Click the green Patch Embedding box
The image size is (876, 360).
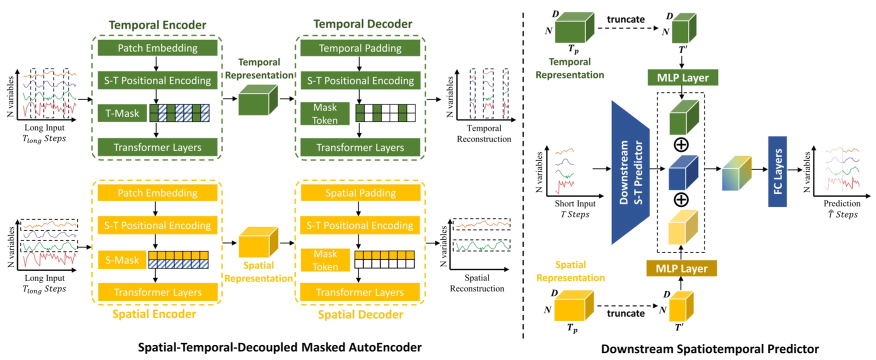157,48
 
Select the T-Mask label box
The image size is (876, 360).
122,113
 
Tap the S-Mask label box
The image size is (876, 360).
122,260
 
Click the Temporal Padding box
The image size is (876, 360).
360,48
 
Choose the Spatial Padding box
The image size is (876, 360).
360,193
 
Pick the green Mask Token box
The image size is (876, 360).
325,114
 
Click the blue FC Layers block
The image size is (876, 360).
777,171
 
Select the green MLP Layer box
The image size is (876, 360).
682,77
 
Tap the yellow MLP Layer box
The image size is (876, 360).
681,268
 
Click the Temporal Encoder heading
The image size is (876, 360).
157,25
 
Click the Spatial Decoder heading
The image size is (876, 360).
360,314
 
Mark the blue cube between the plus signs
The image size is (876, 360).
683,172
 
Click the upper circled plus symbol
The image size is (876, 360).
681,145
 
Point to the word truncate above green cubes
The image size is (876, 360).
625,19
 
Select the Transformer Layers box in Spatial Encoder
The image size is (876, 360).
157,292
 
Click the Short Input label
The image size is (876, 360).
575,203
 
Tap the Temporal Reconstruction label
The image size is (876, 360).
484,133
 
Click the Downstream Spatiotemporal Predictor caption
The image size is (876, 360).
709,349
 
